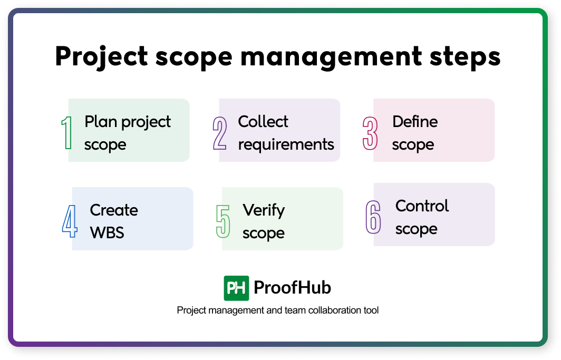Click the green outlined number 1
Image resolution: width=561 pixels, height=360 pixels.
click(x=66, y=133)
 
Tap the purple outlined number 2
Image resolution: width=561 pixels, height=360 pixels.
click(x=220, y=133)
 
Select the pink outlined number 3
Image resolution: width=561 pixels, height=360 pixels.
click(x=370, y=133)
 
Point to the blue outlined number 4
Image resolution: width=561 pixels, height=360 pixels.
click(x=70, y=221)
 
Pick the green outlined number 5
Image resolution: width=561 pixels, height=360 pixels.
click(x=223, y=221)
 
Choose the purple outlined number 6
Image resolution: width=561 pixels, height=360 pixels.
click(x=373, y=217)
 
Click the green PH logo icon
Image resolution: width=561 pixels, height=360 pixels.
click(x=236, y=288)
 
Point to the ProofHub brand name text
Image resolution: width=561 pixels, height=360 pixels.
click(x=292, y=288)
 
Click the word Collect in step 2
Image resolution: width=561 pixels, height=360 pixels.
click(x=263, y=122)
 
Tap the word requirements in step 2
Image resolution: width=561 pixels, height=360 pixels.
click(x=286, y=144)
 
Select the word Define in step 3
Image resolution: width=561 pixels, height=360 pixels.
click(x=415, y=122)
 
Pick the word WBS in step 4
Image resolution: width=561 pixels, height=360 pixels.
click(x=107, y=233)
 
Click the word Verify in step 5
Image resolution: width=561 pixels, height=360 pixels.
click(x=264, y=210)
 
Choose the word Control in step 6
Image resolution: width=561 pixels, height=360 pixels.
click(x=422, y=206)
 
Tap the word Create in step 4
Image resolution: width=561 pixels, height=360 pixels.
click(x=114, y=210)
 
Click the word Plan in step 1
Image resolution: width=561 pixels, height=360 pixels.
click(x=101, y=122)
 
